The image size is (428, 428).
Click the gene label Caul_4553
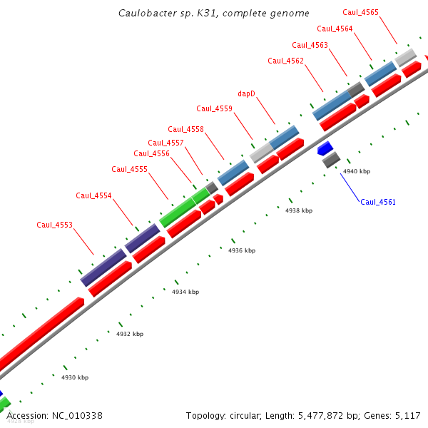[55, 225]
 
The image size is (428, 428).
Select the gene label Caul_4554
[94, 195]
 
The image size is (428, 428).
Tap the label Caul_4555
[130, 169]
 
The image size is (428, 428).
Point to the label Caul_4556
[152, 153]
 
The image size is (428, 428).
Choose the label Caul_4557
[165, 143]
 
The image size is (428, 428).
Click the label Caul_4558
[186, 129]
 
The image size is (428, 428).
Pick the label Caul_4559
[215, 108]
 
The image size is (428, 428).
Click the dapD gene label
[246, 93]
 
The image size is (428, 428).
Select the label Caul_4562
[286, 61]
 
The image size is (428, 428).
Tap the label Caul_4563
[310, 45]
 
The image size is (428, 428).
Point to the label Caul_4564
[335, 29]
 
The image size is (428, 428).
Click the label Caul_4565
[361, 12]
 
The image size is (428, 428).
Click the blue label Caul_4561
[378, 202]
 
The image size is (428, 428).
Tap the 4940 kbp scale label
[357, 172]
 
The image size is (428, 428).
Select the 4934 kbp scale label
[185, 292]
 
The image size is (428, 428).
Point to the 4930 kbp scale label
[75, 377]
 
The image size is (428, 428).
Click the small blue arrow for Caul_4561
[325, 148]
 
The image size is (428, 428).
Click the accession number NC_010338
[78, 415]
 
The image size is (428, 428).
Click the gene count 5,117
[407, 415]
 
